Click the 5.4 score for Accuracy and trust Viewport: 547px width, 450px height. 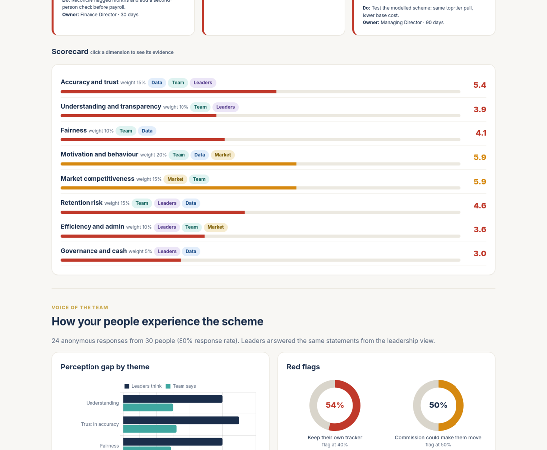pyautogui.click(x=480, y=85)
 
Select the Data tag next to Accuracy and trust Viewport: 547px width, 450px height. pyautogui.click(x=157, y=83)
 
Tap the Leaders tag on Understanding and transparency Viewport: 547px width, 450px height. pyautogui.click(x=225, y=107)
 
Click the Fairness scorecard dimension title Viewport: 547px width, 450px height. pyautogui.click(x=74, y=130)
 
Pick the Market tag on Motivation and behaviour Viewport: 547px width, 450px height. pyautogui.click(x=223, y=155)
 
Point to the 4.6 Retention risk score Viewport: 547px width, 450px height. pyautogui.click(x=480, y=205)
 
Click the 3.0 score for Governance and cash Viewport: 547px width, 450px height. pyautogui.click(x=480, y=253)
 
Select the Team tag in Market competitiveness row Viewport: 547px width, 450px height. pyautogui.click(x=199, y=179)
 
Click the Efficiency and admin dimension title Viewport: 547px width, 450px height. pyautogui.click(x=92, y=227)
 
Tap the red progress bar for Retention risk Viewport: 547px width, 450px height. pyautogui.click(x=153, y=212)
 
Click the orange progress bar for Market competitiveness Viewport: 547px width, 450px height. pyautogui.click(x=179, y=188)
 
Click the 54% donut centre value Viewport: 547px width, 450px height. pyautogui.click(x=335, y=405)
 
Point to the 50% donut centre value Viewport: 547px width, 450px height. pyautogui.click(x=438, y=405)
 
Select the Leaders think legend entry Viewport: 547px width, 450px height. pyautogui.click(x=143, y=386)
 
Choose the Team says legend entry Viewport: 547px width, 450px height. pyautogui.click(x=181, y=386)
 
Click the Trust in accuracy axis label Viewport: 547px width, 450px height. pyautogui.click(x=100, y=424)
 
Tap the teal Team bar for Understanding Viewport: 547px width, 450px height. pyautogui.click(x=148, y=407)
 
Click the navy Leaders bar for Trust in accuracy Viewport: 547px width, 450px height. pyautogui.click(x=181, y=420)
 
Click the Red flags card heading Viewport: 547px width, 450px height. pyautogui.click(x=303, y=367)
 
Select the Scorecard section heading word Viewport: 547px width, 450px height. pyautogui.click(x=70, y=52)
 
